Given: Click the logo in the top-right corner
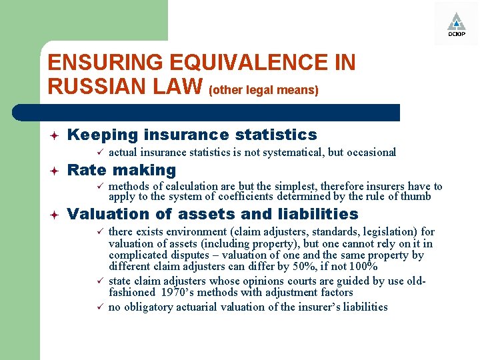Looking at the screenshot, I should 456,23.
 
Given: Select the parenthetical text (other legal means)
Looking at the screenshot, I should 264,89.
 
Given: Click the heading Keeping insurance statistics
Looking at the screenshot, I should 192,135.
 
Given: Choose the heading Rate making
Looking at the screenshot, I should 122,170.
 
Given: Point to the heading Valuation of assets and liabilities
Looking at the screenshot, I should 213,214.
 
